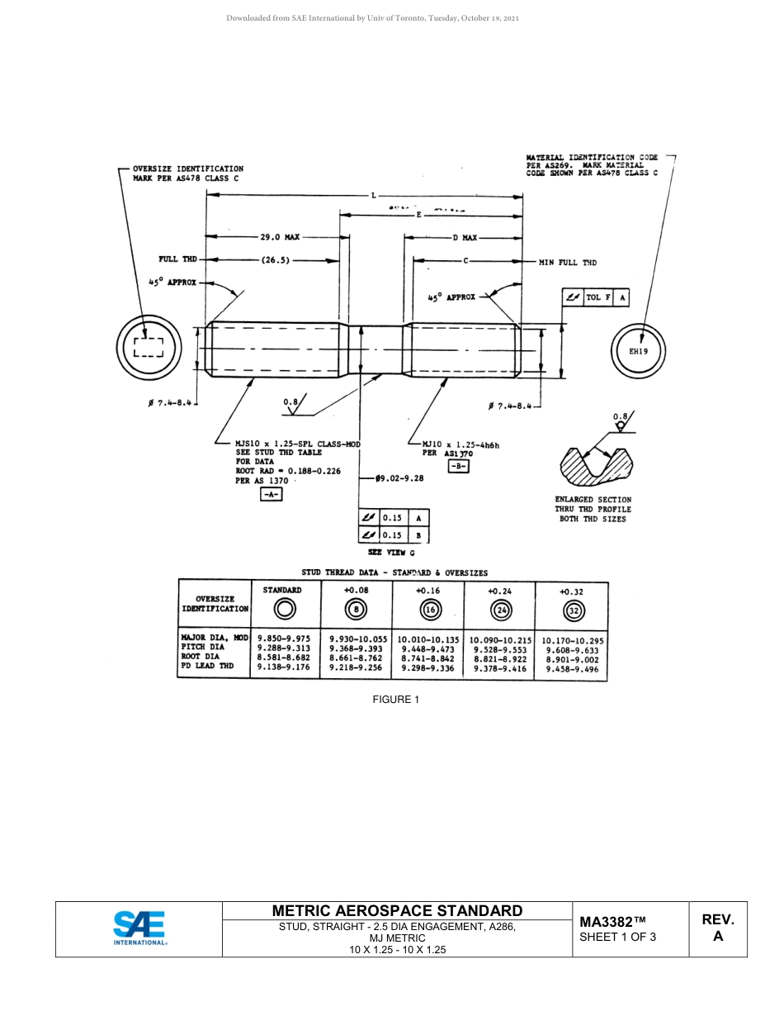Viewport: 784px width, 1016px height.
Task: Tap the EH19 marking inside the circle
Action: pos(638,351)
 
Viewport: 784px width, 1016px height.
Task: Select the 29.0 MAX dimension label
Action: pos(280,237)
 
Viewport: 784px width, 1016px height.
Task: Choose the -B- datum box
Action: pos(458,466)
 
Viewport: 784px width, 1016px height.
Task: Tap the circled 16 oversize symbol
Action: pos(429,610)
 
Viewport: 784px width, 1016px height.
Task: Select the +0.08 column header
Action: pos(357,591)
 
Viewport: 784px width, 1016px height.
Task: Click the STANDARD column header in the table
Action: pos(282,590)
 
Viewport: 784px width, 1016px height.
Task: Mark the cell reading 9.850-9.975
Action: pos(284,638)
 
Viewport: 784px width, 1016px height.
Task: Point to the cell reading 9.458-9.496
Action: pos(572,667)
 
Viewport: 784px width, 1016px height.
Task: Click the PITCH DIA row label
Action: pos(202,648)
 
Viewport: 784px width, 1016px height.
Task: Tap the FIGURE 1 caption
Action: pos(396,700)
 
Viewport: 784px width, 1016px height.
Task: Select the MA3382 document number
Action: pos(612,922)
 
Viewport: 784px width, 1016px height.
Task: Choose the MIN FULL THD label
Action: pos(567,263)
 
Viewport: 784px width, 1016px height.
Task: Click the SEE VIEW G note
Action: pos(391,553)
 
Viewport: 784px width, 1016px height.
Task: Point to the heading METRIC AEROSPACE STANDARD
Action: pos(397,911)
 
